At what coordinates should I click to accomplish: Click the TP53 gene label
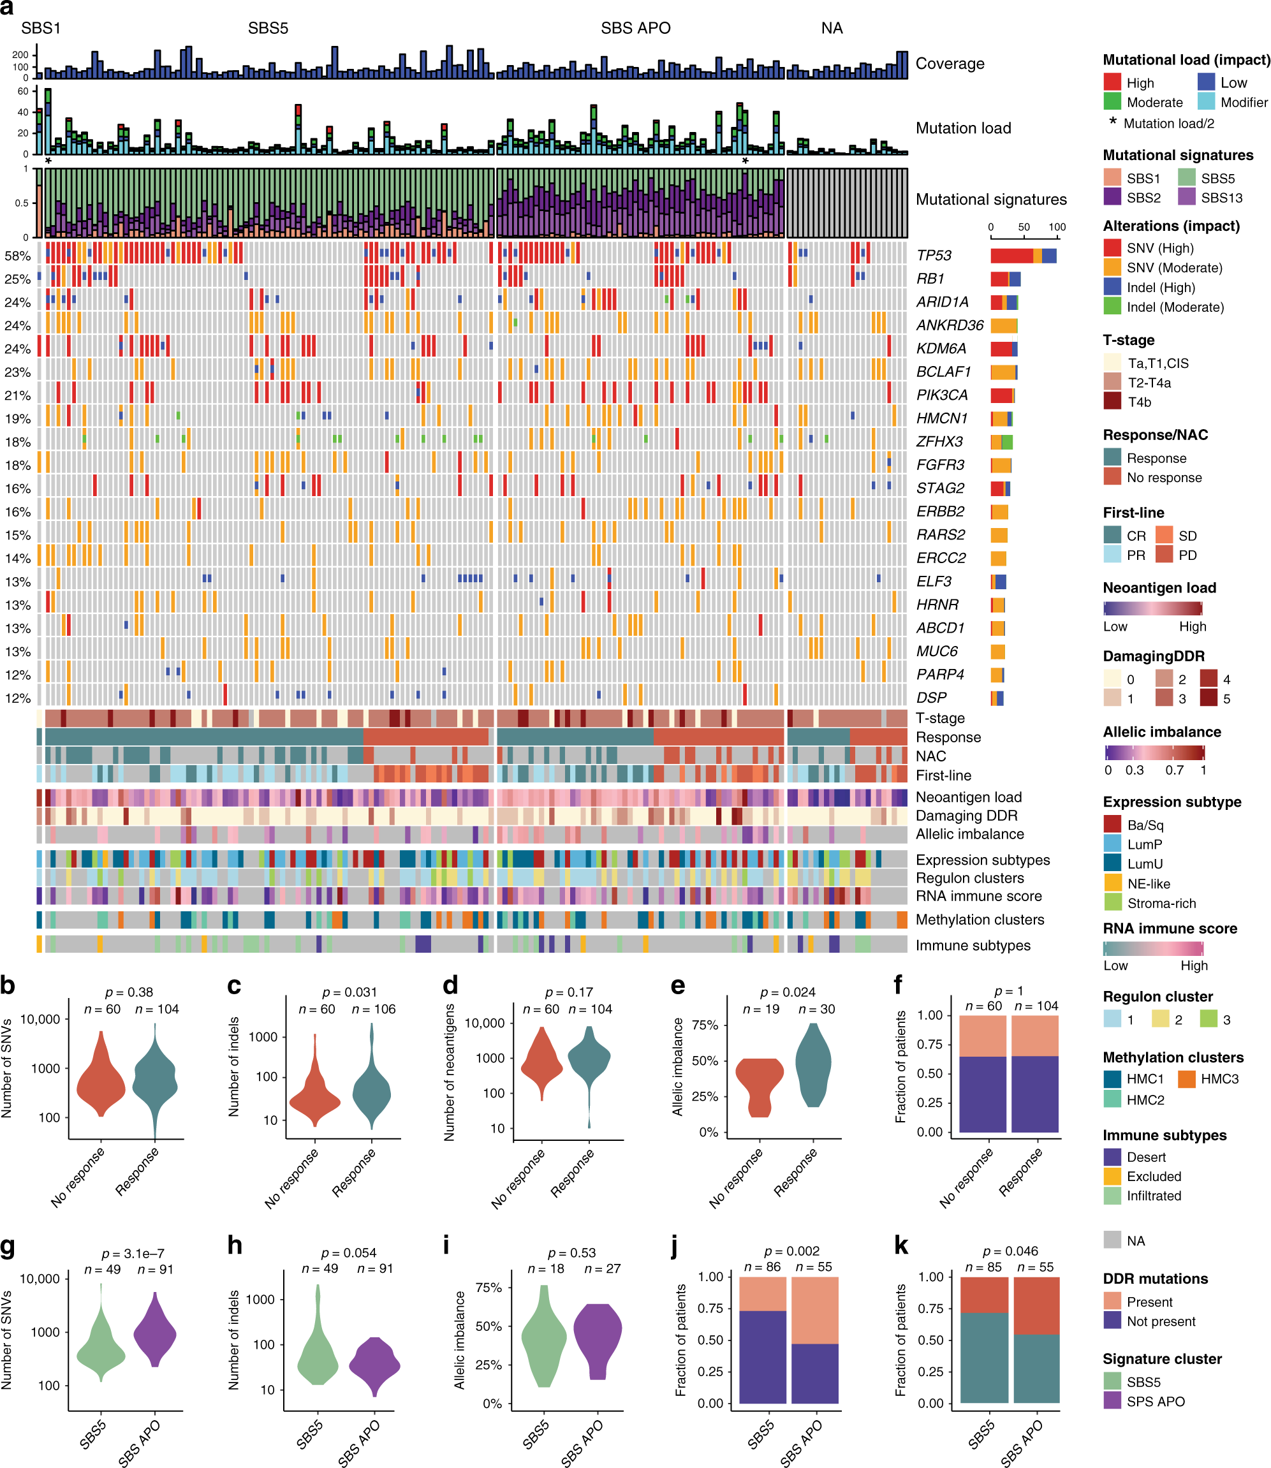[934, 255]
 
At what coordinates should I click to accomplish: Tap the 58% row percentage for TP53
[17, 256]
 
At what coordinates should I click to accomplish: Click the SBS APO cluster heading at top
[635, 28]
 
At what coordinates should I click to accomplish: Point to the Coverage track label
[950, 64]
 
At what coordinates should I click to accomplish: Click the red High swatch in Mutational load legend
[1112, 82]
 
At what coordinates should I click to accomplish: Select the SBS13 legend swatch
[1187, 197]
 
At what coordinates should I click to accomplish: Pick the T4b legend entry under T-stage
[1112, 402]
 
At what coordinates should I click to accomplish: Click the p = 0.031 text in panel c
[349, 992]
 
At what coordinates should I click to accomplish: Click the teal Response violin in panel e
[813, 1068]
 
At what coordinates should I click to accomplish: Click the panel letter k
[900, 1245]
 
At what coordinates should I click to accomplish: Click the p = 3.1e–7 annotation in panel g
[133, 1254]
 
